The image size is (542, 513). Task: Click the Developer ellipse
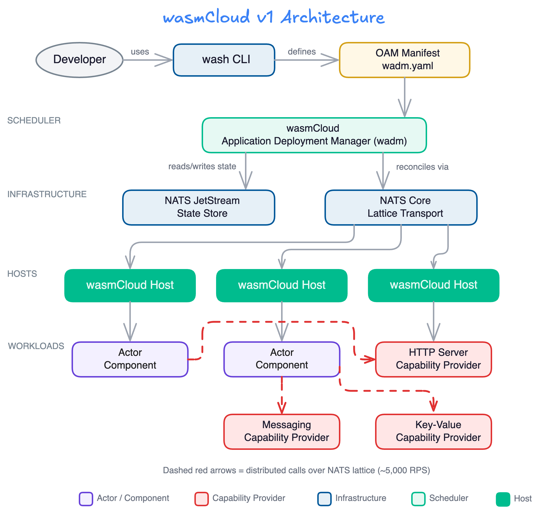(79, 60)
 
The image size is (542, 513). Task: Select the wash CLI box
(224, 60)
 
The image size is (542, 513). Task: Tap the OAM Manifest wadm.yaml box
(404, 60)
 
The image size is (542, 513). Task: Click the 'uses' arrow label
(140, 52)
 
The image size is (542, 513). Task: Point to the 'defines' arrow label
(302, 52)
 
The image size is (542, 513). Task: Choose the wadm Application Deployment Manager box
(314, 135)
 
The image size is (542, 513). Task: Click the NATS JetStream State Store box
(198, 207)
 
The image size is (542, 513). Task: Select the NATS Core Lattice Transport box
(401, 207)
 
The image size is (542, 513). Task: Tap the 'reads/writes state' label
(202, 166)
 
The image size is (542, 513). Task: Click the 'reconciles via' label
(422, 167)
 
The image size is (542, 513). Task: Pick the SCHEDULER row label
(34, 120)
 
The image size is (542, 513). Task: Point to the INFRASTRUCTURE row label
(47, 194)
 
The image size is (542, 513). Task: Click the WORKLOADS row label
(36, 346)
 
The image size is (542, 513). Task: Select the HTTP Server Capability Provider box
(433, 359)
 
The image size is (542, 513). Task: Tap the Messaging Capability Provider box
(282, 432)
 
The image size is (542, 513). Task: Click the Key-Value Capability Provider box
(433, 432)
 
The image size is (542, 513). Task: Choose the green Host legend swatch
(503, 499)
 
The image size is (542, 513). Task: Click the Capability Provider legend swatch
(201, 499)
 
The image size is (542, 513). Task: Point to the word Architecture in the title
(332, 17)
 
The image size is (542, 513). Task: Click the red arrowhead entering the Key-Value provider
(433, 406)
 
